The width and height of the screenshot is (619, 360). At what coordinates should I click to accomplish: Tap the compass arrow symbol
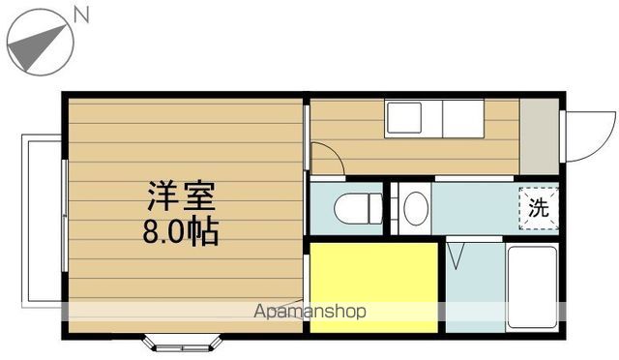coord(40,42)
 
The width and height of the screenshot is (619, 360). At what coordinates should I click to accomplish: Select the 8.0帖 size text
coord(180,232)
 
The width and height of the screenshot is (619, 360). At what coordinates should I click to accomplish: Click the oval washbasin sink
coord(415,208)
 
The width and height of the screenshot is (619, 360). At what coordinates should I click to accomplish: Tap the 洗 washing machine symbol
coord(538,206)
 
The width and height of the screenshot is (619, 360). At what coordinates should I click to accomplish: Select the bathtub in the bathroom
coord(532,287)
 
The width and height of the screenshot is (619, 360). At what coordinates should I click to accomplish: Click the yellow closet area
coord(372,287)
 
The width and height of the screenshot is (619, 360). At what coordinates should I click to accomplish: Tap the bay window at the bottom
coord(184,342)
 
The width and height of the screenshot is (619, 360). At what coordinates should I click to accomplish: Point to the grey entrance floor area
coord(538,135)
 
